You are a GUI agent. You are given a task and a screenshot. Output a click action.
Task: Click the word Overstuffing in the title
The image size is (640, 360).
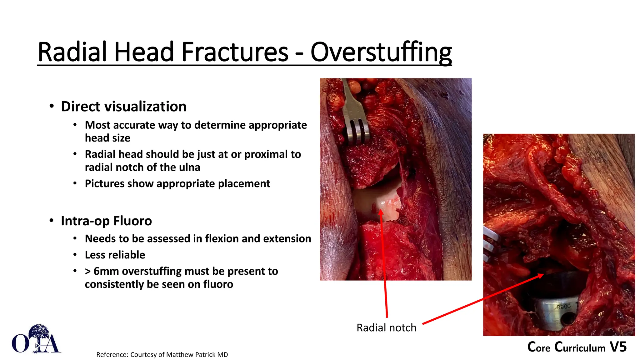pos(381,52)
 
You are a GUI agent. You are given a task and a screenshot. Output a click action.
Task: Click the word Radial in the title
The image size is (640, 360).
pos(73,52)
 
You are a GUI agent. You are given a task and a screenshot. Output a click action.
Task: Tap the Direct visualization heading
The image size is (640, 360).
pos(123,107)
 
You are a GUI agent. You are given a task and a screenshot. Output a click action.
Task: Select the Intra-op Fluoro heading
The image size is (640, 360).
pos(106,221)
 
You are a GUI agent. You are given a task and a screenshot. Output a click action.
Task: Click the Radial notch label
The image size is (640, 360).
pos(386,327)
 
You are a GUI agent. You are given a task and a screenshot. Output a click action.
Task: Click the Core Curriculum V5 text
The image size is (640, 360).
pos(577,347)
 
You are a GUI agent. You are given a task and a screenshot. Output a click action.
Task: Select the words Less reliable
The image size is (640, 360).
pos(115,255)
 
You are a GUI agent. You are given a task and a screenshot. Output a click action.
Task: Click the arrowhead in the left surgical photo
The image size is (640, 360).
pos(381,212)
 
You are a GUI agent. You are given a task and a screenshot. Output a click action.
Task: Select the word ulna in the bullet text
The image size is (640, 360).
pos(189,167)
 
